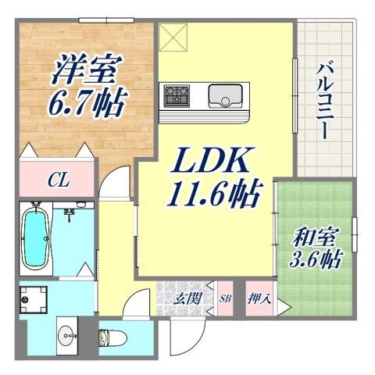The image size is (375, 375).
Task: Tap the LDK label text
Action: click(212, 163)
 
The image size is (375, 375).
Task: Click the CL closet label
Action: click(58, 181)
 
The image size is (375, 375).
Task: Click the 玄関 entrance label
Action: click(185, 298)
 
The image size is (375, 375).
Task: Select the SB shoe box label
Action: click(225, 298)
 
